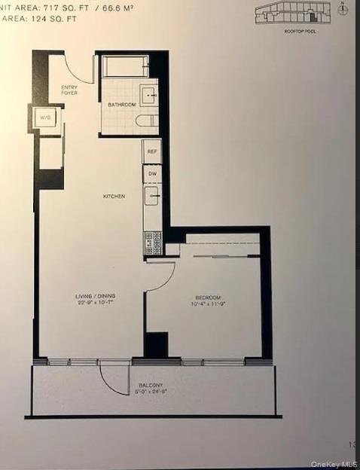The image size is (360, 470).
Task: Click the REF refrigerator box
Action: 151,151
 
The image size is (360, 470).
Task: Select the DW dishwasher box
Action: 151,173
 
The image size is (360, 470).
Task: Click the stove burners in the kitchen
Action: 152,242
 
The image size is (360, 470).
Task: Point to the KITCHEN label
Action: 114,197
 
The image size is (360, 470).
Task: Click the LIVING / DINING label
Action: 94,296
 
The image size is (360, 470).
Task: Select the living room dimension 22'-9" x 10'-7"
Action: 94,304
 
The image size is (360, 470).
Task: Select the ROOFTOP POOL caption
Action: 298,30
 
